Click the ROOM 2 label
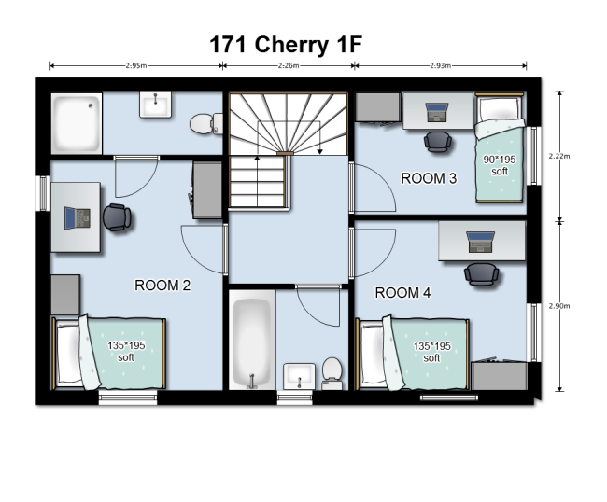coord(162,286)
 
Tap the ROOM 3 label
coord(429,178)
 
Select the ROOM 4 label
coord(402,292)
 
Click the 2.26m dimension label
coord(289,65)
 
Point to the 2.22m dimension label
coord(559,156)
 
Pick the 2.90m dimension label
coord(559,306)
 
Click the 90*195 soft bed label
coord(500,165)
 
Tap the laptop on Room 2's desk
coord(77,218)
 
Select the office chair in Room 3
coord(438,142)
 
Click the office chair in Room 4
coord(481,274)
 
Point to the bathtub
coord(252,340)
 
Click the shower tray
coord(77,123)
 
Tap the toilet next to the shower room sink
coord(206,124)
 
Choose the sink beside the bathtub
coord(299,376)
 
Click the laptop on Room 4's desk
coord(480,242)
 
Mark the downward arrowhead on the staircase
coord(319,151)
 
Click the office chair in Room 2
coord(117,217)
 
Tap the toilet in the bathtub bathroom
coord(332,373)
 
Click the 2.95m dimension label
coord(136,65)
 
